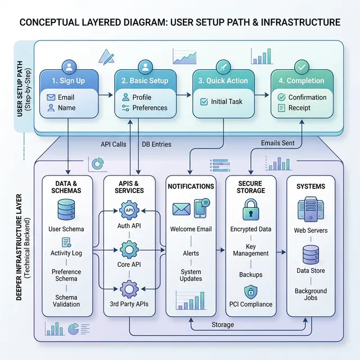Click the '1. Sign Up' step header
68,80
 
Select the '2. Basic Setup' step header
146,80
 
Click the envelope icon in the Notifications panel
181,209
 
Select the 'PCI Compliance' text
251,304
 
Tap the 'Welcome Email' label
191,229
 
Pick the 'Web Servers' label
310,231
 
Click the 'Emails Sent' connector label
278,143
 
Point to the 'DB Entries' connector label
156,144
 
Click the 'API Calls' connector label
113,144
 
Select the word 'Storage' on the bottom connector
223,325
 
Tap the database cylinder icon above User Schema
66,209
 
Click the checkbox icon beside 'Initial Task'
204,102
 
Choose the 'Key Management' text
250,250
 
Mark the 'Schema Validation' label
66,301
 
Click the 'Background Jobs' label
310,294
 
